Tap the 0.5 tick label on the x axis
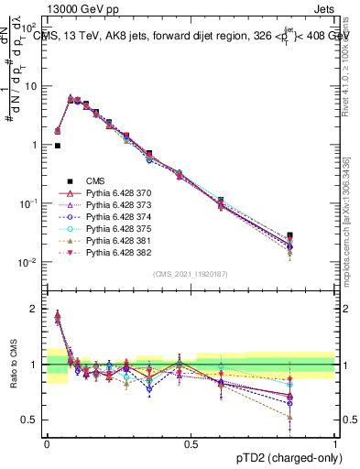(191, 443)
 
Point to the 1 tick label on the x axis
(335, 443)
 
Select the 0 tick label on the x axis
(47, 443)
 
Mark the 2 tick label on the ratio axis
(37, 309)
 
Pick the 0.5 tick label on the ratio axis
(32, 420)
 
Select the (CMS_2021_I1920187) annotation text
(191, 274)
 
